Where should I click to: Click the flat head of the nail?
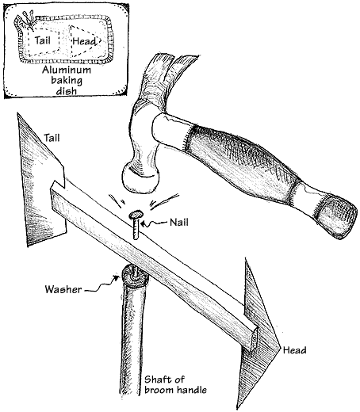pyautogui.click(x=136, y=216)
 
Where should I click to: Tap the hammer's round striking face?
pyautogui.click(x=140, y=179)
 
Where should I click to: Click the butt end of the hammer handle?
pyautogui.click(x=336, y=216)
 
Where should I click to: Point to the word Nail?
pyautogui.click(x=179, y=223)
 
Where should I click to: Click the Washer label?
pyautogui.click(x=63, y=289)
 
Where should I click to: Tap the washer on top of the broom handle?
pyautogui.click(x=135, y=277)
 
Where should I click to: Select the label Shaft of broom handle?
pyautogui.click(x=175, y=385)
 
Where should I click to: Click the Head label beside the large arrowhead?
pyautogui.click(x=294, y=350)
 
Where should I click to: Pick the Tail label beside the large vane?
pyautogui.click(x=52, y=138)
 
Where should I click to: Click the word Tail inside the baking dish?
pyautogui.click(x=42, y=40)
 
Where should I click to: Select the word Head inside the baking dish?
pyautogui.click(x=84, y=41)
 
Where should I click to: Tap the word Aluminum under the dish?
pyautogui.click(x=67, y=70)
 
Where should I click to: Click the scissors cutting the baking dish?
pyautogui.click(x=28, y=18)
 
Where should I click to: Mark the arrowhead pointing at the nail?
pyautogui.click(x=143, y=224)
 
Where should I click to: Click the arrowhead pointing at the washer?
pyautogui.click(x=116, y=278)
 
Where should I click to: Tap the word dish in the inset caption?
pyautogui.click(x=67, y=91)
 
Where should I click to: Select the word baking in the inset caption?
pyautogui.click(x=67, y=80)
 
